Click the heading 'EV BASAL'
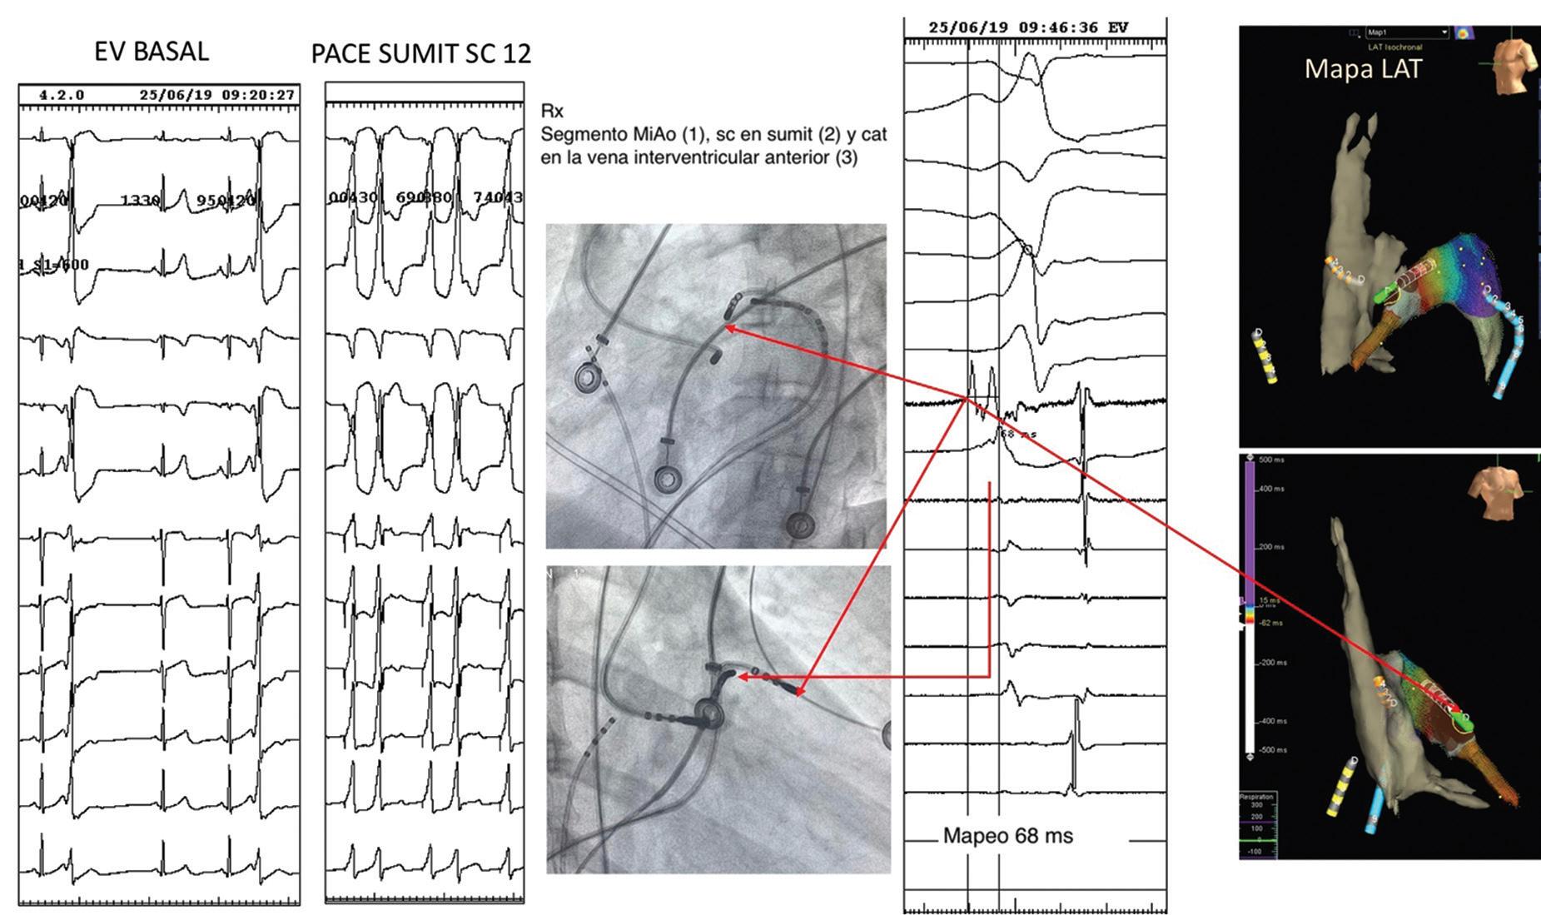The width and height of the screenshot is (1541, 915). pyautogui.click(x=151, y=51)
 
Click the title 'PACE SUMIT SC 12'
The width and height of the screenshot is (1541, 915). pyautogui.click(x=420, y=54)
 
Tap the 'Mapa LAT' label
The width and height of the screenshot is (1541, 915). pyautogui.click(x=1362, y=68)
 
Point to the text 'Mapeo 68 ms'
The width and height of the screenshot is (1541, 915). pyautogui.click(x=1007, y=836)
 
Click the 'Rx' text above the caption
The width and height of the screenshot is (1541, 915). pyautogui.click(x=551, y=111)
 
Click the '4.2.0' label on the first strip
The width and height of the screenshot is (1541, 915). pyautogui.click(x=62, y=95)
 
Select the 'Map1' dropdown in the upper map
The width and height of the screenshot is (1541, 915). pyautogui.click(x=1407, y=32)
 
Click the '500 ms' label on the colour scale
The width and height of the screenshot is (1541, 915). pyautogui.click(x=1271, y=460)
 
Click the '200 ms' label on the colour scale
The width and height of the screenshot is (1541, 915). pyautogui.click(x=1271, y=547)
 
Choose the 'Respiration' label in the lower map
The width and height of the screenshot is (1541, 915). pyautogui.click(x=1257, y=797)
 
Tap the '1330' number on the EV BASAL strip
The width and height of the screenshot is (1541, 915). pyautogui.click(x=140, y=201)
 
